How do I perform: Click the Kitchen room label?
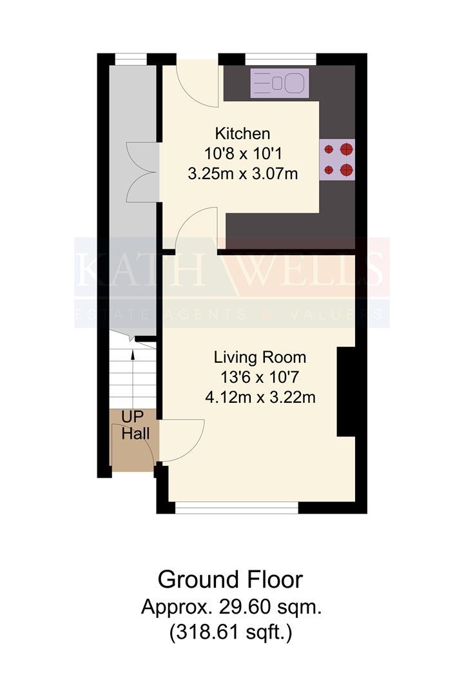click(x=242, y=133)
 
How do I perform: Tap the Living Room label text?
click(x=260, y=357)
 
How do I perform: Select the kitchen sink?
click(x=280, y=83)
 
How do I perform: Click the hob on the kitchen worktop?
click(x=337, y=160)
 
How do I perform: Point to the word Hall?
click(x=135, y=434)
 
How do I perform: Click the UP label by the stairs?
click(x=132, y=417)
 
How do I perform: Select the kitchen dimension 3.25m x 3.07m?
click(x=242, y=173)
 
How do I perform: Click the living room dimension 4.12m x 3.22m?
click(x=260, y=397)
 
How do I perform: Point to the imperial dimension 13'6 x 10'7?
click(x=260, y=377)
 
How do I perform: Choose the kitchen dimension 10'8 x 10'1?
click(x=243, y=153)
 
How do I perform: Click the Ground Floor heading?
click(x=231, y=579)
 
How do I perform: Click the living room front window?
click(x=237, y=507)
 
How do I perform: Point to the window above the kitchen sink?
click(x=280, y=59)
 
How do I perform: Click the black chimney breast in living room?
click(x=346, y=392)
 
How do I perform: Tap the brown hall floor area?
click(x=133, y=440)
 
